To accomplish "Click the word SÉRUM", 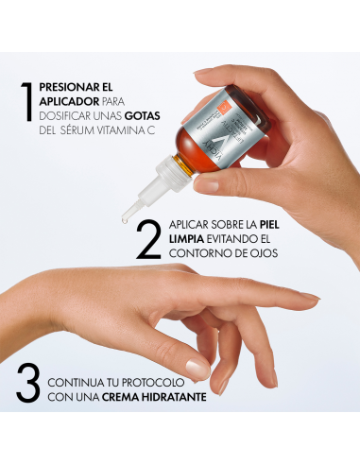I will [81, 138].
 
